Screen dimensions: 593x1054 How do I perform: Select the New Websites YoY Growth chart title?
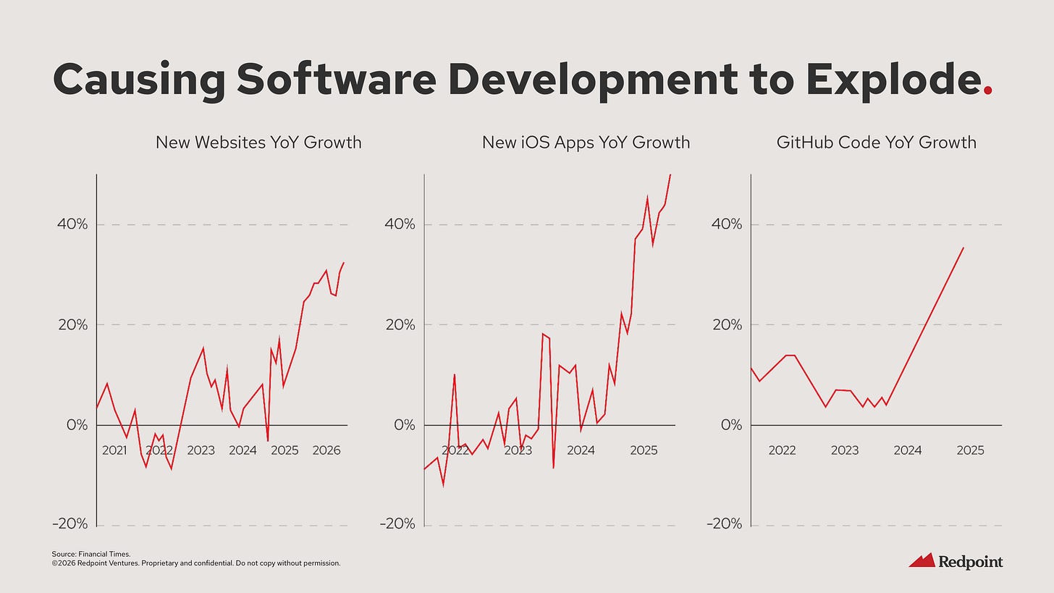(x=258, y=142)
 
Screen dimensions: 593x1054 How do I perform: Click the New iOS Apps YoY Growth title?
(x=586, y=142)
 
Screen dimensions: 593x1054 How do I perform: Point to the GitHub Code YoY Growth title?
(x=876, y=142)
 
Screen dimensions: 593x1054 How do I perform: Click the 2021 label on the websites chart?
(x=114, y=450)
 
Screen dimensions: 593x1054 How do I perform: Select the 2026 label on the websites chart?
(x=326, y=450)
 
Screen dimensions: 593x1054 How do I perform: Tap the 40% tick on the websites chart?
(x=72, y=224)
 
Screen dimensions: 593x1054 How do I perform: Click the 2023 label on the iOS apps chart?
(x=518, y=450)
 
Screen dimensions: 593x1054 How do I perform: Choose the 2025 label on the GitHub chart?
(x=970, y=450)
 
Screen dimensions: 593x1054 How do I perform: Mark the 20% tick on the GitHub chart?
(x=727, y=324)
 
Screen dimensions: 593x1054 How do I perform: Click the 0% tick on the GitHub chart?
(x=731, y=425)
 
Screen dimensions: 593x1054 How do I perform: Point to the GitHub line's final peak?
(x=963, y=248)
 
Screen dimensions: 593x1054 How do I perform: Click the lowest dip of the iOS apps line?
(x=443, y=485)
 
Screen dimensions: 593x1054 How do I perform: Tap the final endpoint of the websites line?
(x=344, y=263)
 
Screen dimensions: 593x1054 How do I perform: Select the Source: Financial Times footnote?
(x=91, y=554)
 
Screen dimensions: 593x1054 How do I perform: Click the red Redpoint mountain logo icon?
(x=922, y=560)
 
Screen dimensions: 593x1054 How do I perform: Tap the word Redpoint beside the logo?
(x=971, y=562)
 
